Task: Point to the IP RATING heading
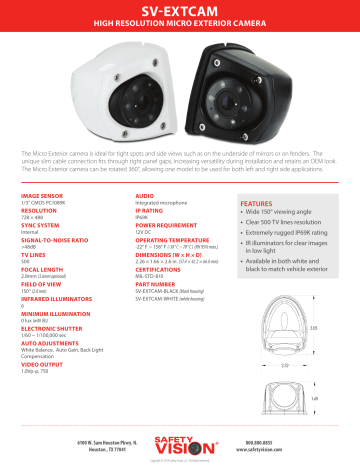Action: (x=150, y=184)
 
